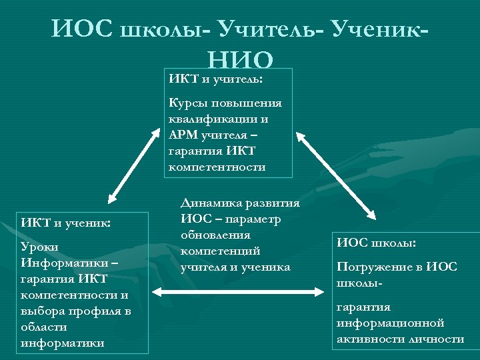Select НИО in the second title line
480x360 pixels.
tap(241, 60)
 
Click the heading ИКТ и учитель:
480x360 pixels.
tap(215, 78)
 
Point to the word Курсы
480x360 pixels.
tap(188, 103)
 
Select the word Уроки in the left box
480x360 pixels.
tap(39, 247)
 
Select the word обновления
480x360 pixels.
tap(215, 235)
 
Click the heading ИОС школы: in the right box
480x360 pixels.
tap(381, 243)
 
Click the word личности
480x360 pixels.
tap(437, 339)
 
